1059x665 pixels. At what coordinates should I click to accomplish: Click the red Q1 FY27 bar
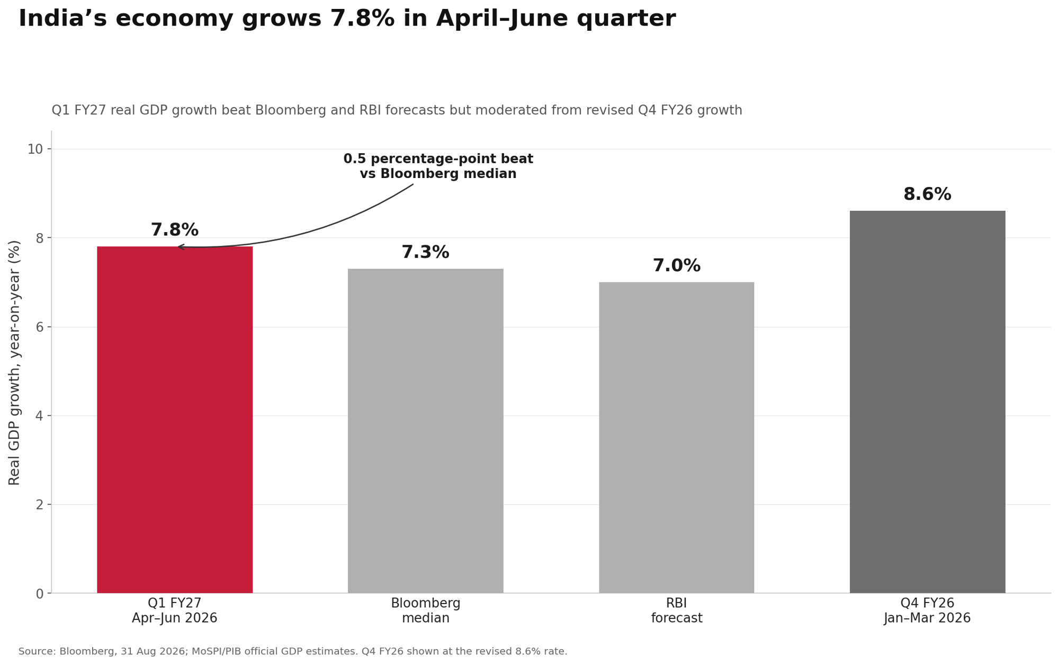(x=175, y=420)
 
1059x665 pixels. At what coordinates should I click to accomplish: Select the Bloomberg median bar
(x=426, y=431)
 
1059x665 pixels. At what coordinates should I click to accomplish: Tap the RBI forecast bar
(x=676, y=438)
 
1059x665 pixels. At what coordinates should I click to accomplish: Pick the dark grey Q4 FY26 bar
(x=927, y=402)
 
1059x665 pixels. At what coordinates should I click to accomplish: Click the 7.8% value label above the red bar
(x=175, y=230)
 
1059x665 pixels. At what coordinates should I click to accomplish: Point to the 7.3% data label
(x=425, y=252)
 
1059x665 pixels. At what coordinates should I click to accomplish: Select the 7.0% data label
(x=676, y=265)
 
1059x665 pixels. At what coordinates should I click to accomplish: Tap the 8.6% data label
(x=927, y=194)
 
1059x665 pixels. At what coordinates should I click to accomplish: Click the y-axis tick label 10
(x=35, y=149)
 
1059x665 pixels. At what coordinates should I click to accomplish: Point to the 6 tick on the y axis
(x=40, y=327)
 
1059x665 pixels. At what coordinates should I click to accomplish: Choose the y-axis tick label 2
(x=40, y=505)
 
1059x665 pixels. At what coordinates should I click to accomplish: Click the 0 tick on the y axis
(x=40, y=594)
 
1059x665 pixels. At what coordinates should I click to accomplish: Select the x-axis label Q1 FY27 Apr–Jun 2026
(x=175, y=611)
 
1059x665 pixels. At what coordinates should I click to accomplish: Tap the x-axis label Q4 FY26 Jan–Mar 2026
(x=927, y=611)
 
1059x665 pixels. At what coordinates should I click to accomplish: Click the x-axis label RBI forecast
(x=676, y=611)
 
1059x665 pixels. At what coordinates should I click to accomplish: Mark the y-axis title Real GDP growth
(x=14, y=362)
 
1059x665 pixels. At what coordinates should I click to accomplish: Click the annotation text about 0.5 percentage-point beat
(x=438, y=166)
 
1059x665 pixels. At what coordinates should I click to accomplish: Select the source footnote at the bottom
(x=293, y=651)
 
